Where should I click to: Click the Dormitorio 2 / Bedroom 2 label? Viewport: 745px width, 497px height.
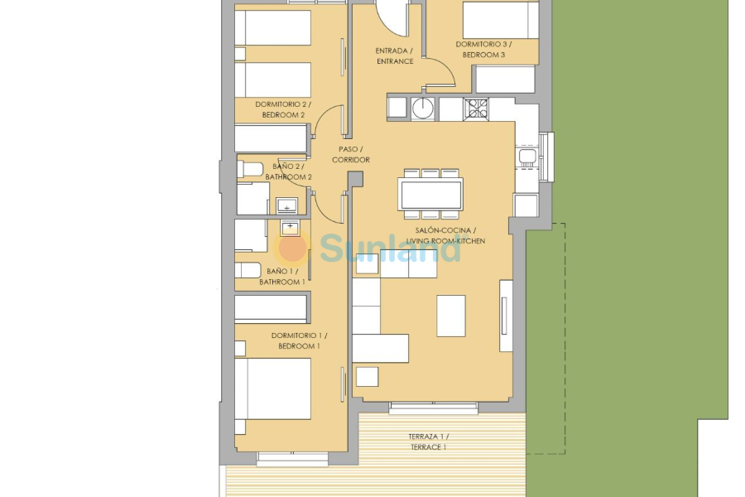point(282,109)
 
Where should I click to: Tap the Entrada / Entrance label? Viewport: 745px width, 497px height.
point(394,55)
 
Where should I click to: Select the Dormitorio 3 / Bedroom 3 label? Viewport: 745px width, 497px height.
point(483,49)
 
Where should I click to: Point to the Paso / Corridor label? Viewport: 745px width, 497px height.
point(350,154)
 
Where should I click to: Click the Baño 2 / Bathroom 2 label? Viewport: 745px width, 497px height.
point(288,171)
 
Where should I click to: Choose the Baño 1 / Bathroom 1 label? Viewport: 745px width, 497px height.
point(281,277)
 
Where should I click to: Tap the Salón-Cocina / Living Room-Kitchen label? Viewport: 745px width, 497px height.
point(451,235)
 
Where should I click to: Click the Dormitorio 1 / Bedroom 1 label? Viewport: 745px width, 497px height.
point(299,340)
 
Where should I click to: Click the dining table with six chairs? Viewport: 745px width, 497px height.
point(430,195)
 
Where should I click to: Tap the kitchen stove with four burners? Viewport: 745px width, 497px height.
point(476,109)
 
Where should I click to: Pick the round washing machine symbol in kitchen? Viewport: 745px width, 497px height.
point(425,109)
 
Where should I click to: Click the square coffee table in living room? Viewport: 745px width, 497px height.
point(451,316)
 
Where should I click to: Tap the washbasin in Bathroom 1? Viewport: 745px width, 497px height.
point(290,227)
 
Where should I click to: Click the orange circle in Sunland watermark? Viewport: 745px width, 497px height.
point(292,248)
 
